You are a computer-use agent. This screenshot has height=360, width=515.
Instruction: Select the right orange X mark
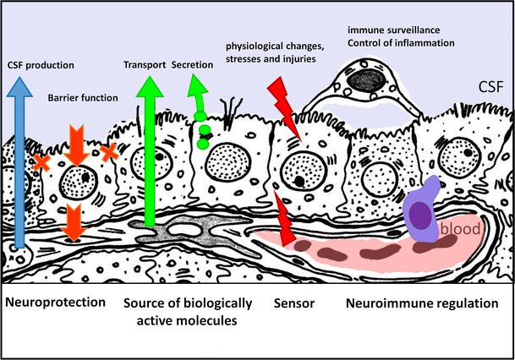coord(108,151)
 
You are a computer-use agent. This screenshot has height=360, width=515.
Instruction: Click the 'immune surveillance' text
coord(387,30)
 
